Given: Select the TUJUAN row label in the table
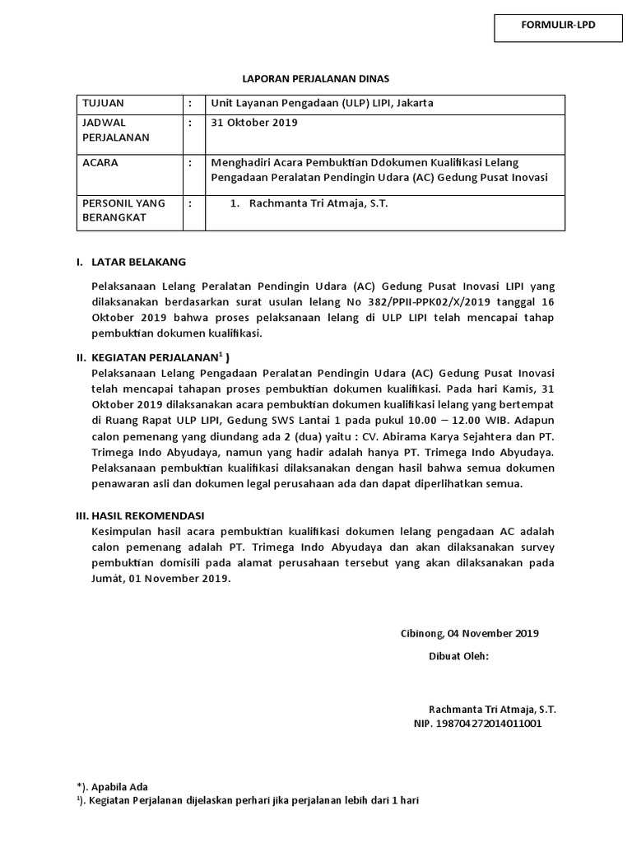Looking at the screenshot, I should coord(102,104).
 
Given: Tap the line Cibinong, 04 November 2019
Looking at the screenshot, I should coord(469,633).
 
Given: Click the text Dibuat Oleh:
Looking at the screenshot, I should coord(458,656).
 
